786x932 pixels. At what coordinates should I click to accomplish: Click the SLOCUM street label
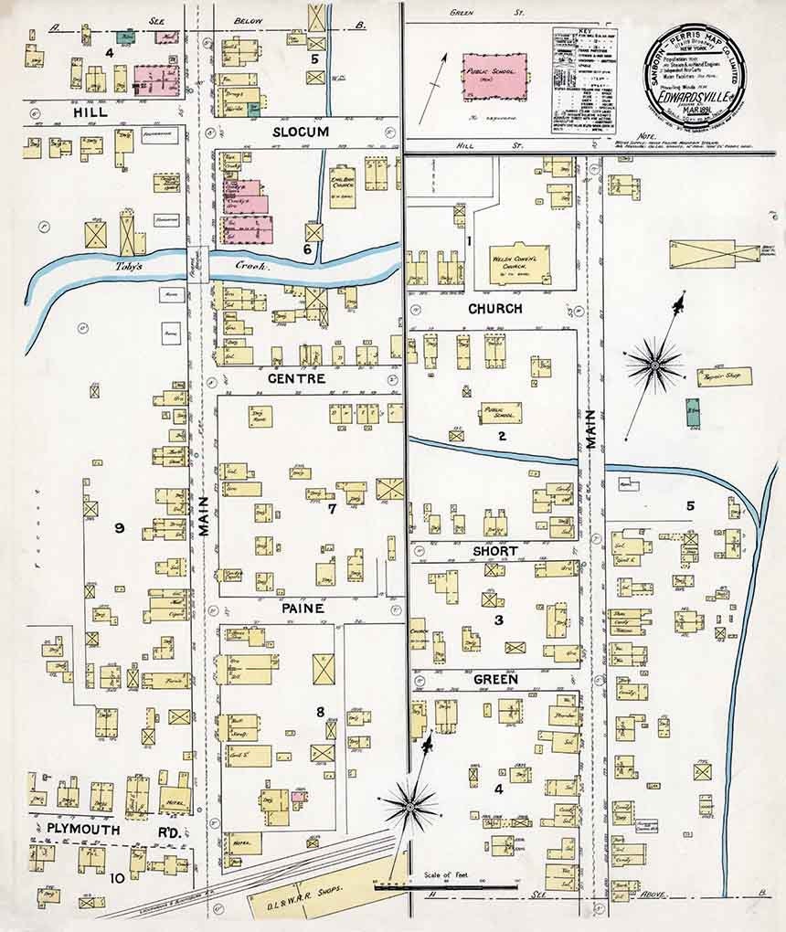(301, 132)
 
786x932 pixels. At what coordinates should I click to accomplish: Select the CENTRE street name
(297, 377)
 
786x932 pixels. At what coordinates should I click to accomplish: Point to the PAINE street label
(303, 607)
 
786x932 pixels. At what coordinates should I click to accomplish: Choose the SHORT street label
(495, 551)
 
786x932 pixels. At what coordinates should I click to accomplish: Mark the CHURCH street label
(495, 309)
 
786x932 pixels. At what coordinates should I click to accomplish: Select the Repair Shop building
(724, 376)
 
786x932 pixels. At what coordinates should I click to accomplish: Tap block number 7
(333, 509)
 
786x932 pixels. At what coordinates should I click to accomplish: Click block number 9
(119, 527)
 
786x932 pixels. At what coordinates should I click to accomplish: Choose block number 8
(320, 711)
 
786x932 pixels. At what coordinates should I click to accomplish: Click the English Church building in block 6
(343, 185)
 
